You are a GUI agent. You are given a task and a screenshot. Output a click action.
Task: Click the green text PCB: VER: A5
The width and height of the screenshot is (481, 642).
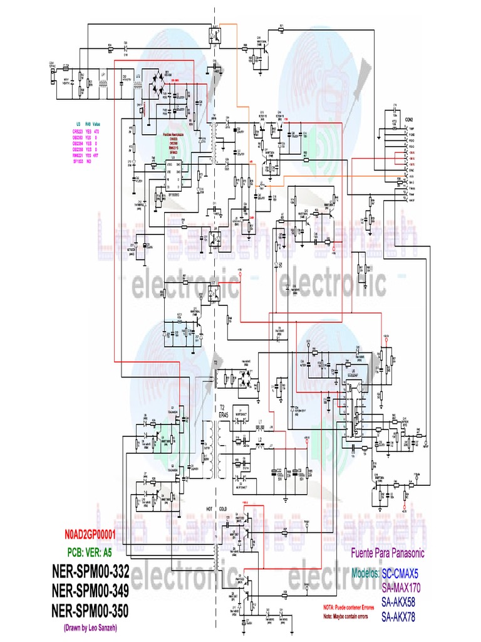96,552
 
